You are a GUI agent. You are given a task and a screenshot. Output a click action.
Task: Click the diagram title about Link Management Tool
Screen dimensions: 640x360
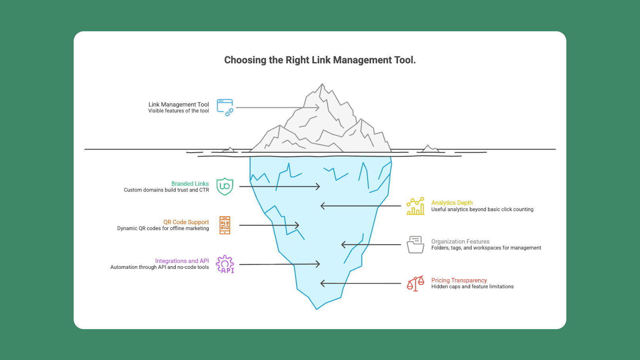320,60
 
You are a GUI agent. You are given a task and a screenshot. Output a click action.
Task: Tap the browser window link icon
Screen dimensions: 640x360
225,107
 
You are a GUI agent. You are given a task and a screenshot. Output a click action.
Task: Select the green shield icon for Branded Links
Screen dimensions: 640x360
225,186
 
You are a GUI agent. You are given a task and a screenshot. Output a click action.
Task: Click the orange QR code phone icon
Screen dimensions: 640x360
225,225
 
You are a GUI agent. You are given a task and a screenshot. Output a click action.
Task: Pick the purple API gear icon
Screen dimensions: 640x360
225,264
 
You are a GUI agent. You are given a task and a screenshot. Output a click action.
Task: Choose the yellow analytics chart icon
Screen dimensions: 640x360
415,206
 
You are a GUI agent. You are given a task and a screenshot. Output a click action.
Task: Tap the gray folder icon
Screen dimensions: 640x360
415,245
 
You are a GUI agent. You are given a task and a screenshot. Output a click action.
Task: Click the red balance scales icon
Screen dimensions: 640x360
415,284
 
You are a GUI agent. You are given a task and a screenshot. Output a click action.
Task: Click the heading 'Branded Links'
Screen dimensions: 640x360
190,184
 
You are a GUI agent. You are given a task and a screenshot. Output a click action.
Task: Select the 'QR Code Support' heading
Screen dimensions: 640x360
186,222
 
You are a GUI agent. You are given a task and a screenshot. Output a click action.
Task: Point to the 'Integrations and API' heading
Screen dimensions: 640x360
182,261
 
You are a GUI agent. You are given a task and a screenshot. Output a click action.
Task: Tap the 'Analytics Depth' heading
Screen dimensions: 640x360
452,203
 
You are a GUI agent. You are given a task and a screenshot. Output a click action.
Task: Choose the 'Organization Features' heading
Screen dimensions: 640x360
460,242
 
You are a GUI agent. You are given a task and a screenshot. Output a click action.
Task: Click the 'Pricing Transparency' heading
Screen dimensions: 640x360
459,280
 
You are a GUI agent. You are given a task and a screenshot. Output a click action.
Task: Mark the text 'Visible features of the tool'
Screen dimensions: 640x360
179,111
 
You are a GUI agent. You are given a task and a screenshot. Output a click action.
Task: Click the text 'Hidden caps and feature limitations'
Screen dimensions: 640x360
472,287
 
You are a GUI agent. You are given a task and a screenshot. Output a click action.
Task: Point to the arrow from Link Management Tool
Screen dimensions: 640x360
277,107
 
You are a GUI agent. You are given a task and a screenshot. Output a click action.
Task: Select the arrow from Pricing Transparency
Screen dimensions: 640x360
360,284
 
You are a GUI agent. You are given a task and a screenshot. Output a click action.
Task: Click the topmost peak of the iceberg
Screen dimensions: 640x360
322,84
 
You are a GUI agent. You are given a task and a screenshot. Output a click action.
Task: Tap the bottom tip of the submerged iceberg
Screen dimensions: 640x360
316,309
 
